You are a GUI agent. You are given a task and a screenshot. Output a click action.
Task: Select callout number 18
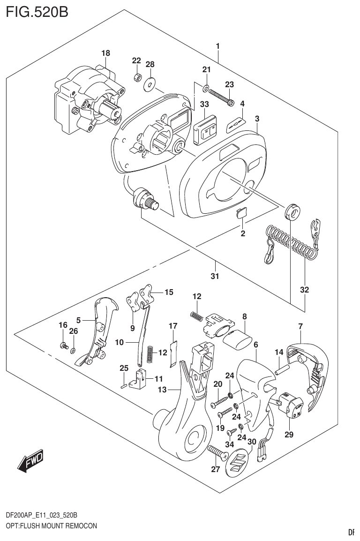(106, 54)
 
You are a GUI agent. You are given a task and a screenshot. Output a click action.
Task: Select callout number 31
(215, 276)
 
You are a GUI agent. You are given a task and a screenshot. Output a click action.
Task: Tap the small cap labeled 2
(241, 213)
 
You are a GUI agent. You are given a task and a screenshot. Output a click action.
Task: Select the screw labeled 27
(217, 453)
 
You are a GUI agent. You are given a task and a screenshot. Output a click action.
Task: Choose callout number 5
(79, 320)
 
